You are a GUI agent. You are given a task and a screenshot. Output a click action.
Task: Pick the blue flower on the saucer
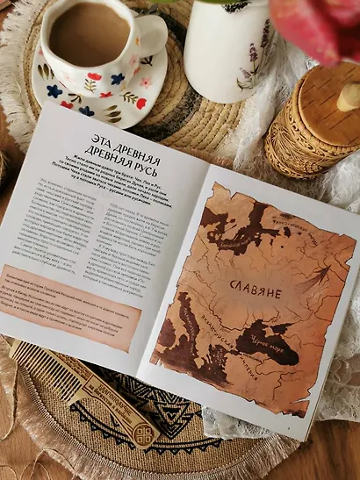[54, 90]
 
